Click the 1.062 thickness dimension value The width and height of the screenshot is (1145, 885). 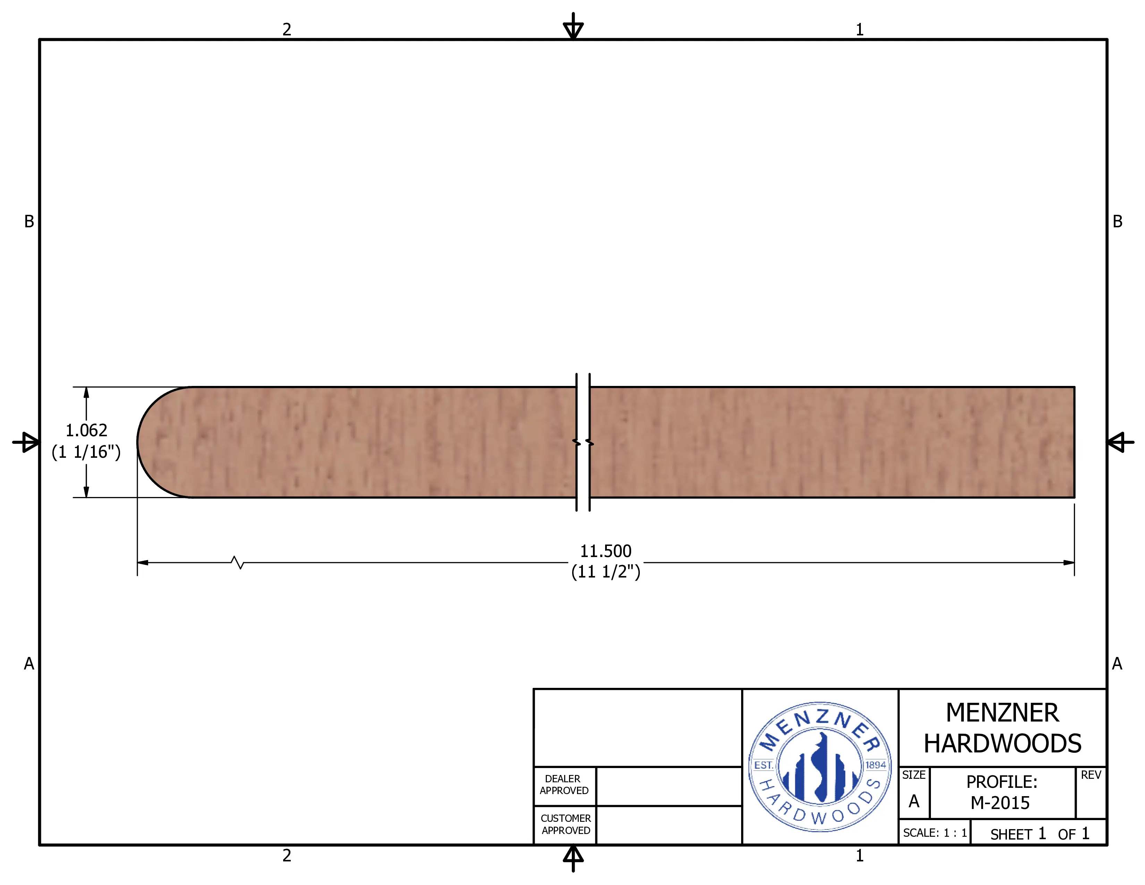point(86,430)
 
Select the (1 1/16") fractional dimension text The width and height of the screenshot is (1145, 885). point(86,452)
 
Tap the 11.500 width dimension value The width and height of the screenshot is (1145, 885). point(605,551)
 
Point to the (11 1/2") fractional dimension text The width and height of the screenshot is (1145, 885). point(605,572)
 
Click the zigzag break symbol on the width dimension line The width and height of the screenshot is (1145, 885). point(237,563)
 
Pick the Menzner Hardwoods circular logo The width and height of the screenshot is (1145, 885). point(820,767)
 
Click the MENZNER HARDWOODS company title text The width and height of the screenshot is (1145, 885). point(1002,728)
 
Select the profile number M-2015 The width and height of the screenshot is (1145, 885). point(1000,803)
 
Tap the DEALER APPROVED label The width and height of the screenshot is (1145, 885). point(564,785)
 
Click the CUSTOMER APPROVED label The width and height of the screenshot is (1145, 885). point(566,824)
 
